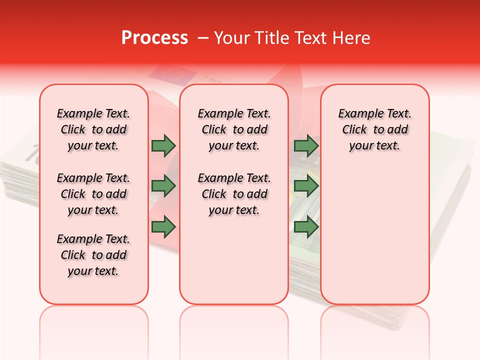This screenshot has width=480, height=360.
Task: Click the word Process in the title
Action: (x=154, y=37)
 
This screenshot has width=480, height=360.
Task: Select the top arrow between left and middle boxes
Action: (x=163, y=145)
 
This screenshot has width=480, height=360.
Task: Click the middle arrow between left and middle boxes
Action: (x=163, y=186)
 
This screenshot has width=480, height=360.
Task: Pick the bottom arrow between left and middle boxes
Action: (x=163, y=227)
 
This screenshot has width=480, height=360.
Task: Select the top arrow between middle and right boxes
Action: (x=306, y=145)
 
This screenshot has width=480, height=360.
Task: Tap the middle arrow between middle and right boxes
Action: (x=306, y=186)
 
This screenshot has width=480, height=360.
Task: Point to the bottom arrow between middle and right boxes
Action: (x=306, y=227)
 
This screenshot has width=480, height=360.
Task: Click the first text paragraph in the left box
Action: (x=93, y=129)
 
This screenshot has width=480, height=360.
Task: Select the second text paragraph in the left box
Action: (x=93, y=194)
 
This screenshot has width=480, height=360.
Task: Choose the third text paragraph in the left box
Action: (x=93, y=255)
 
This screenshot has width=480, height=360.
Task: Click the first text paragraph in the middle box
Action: (x=234, y=129)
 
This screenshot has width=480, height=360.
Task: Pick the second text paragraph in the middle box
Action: (x=234, y=194)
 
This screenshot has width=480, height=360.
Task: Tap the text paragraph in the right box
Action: (x=375, y=129)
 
